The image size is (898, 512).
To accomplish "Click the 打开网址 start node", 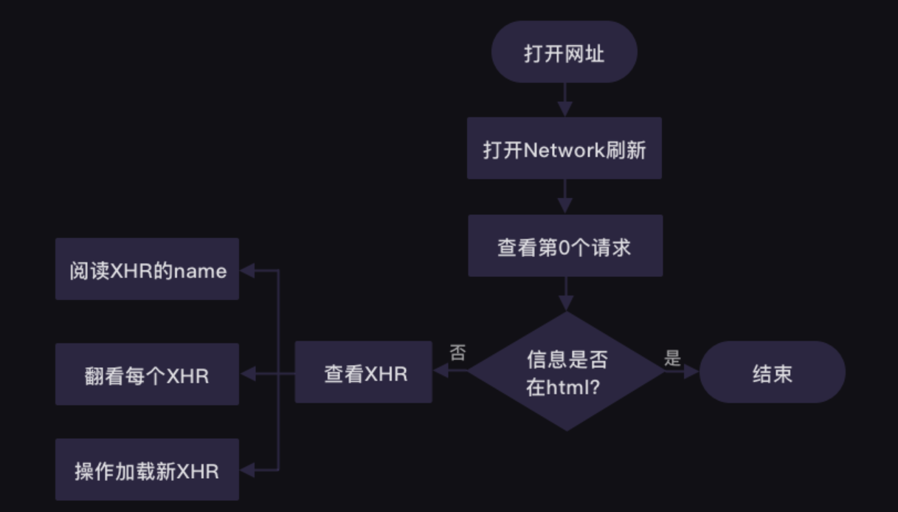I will (564, 52).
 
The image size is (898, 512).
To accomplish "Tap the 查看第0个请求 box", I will (565, 246).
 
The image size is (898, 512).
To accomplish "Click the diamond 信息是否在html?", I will (567, 372).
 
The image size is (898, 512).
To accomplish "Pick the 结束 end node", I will (772, 372).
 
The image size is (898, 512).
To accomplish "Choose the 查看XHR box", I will (364, 372).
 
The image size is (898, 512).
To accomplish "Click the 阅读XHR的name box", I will (147, 270).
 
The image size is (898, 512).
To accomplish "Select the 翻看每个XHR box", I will (147, 375).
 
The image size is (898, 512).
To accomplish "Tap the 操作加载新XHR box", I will (147, 470).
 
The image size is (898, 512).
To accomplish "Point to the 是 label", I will (672, 359).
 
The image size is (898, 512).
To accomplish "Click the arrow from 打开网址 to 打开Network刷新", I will (564, 99).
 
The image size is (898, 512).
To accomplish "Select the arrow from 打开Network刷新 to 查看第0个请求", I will (564, 197).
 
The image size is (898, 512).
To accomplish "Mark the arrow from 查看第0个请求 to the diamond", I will (565, 294).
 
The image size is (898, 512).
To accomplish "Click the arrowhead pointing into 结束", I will (692, 372).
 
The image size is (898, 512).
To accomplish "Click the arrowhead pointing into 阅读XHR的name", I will (247, 270).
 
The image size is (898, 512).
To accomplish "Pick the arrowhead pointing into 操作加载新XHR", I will (247, 470).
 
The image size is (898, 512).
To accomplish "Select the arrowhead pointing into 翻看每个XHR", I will (247, 375).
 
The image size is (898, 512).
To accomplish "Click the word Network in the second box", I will (565, 150).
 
